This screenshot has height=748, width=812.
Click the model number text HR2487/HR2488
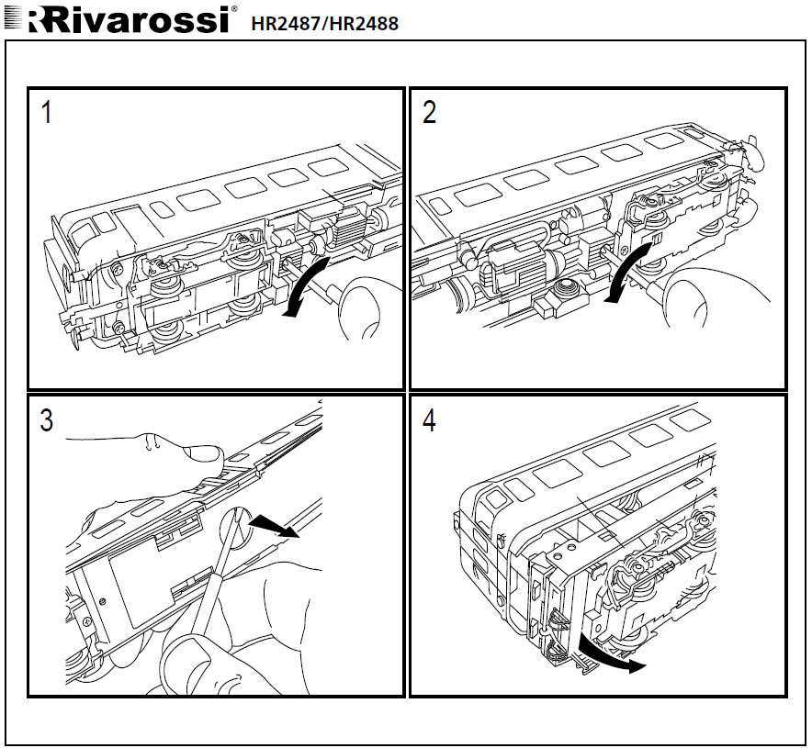click(x=324, y=24)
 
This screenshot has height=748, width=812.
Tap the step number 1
click(x=47, y=113)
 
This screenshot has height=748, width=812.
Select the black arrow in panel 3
click(x=276, y=526)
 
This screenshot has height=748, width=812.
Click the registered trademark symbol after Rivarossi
click(x=234, y=10)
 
